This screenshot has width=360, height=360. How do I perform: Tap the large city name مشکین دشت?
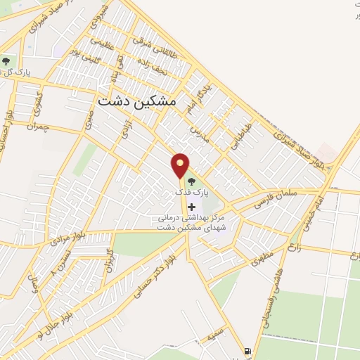(x=137, y=101)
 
